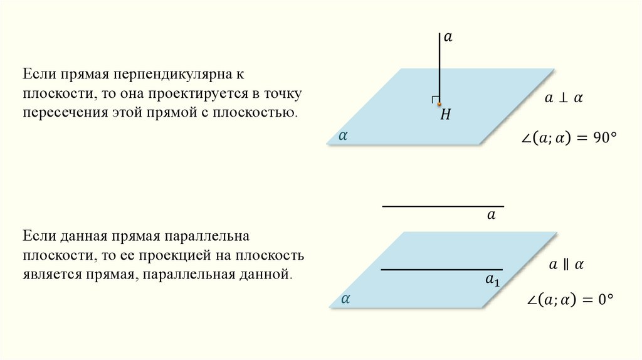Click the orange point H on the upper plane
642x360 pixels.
click(439, 104)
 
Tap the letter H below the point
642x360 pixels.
click(446, 115)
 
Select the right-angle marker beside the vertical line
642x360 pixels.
click(434, 100)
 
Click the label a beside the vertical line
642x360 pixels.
click(448, 38)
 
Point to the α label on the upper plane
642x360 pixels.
click(343, 134)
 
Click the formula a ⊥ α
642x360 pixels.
click(564, 98)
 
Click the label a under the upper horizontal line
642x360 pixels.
click(492, 215)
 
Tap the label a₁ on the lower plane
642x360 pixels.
click(493, 280)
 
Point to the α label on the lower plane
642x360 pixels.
click(345, 300)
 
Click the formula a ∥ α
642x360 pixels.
click(566, 265)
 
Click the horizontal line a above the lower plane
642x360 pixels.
click(443, 206)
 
